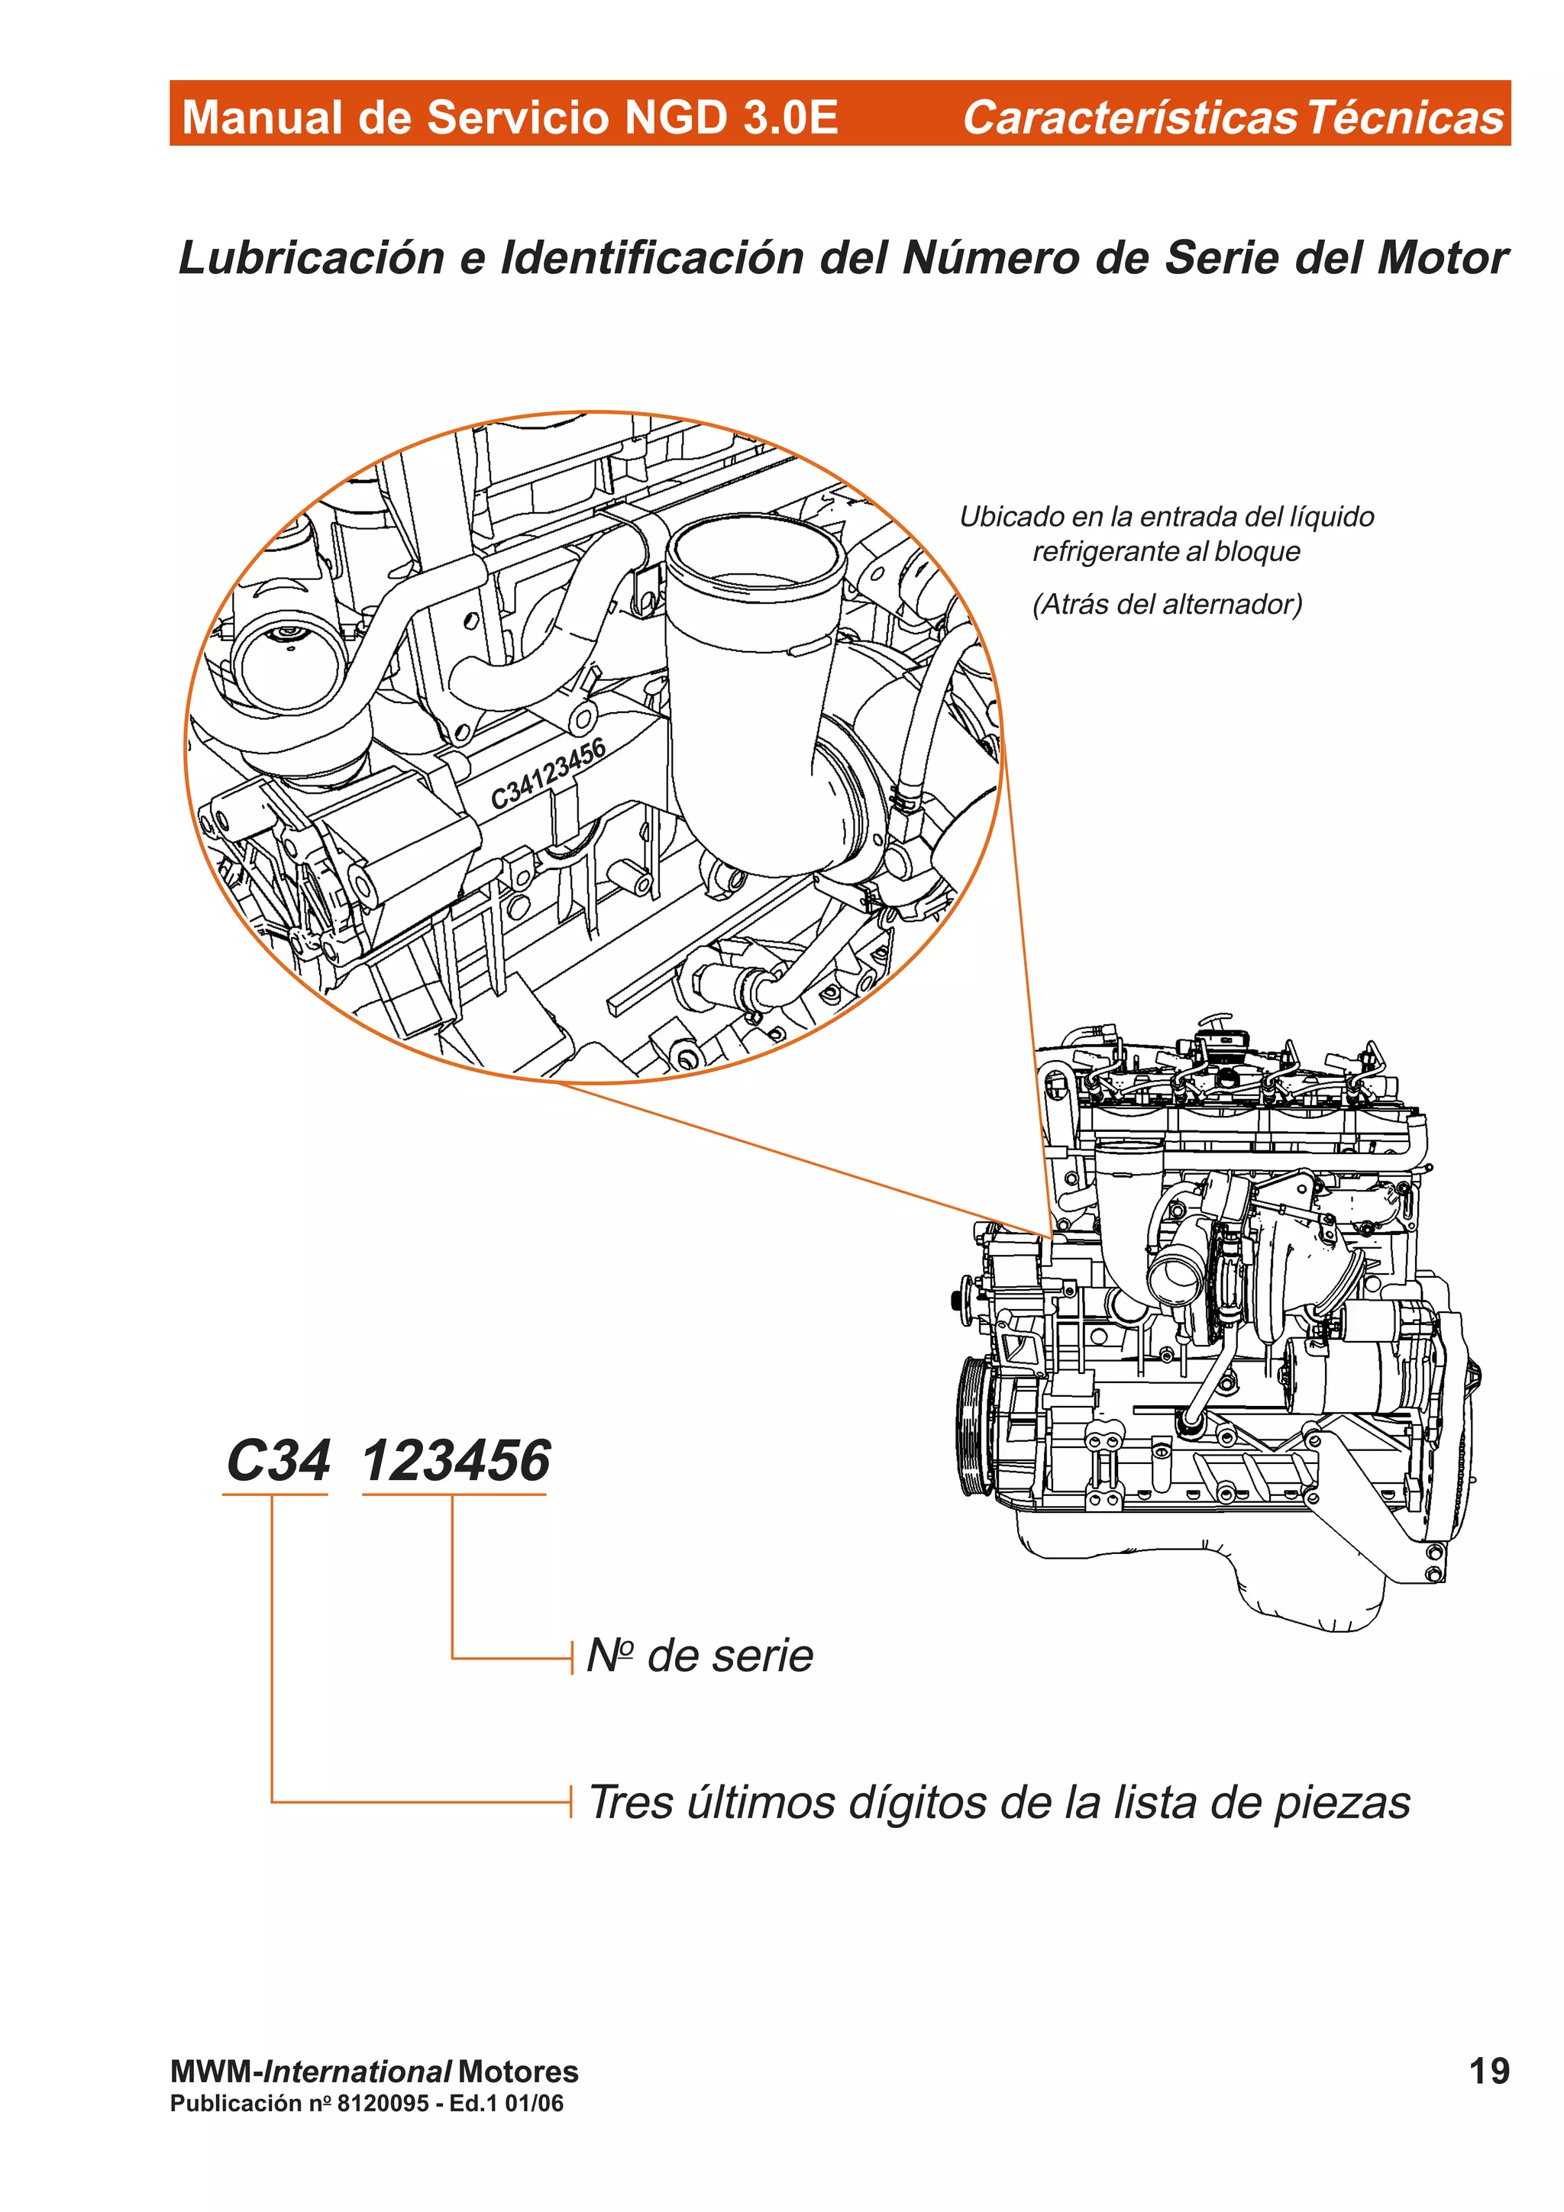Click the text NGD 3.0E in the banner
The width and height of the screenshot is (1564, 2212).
click(x=730, y=117)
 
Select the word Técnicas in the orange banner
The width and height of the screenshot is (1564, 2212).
click(x=1405, y=117)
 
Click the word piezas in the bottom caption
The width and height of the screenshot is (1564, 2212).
click(x=1342, y=1803)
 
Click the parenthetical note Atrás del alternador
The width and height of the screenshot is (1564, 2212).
click(x=1167, y=604)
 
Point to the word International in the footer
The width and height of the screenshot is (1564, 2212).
click(x=357, y=2072)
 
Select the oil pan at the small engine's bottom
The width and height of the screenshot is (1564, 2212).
click(x=1301, y=1580)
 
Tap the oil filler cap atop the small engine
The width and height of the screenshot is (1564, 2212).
click(x=1220, y=1040)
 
